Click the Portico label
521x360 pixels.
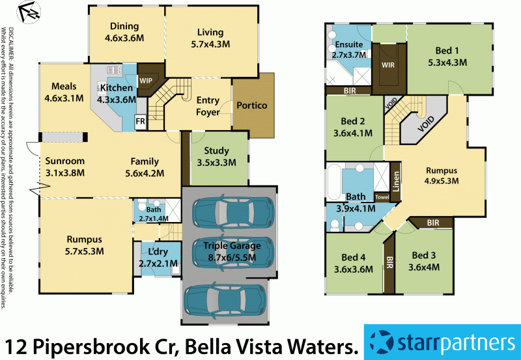pyautogui.click(x=252, y=105)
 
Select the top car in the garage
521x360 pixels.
pyautogui.click(x=232, y=210)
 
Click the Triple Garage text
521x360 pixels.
pyautogui.click(x=231, y=245)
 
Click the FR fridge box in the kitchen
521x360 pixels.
pyautogui.click(x=140, y=121)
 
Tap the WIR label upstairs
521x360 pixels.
pyautogui.click(x=388, y=65)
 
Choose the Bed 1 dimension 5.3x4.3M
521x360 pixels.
pyautogui.click(x=447, y=63)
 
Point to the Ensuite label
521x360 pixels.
pyautogui.click(x=349, y=45)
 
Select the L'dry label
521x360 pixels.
pyautogui.click(x=154, y=252)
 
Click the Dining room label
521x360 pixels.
pyautogui.click(x=124, y=27)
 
